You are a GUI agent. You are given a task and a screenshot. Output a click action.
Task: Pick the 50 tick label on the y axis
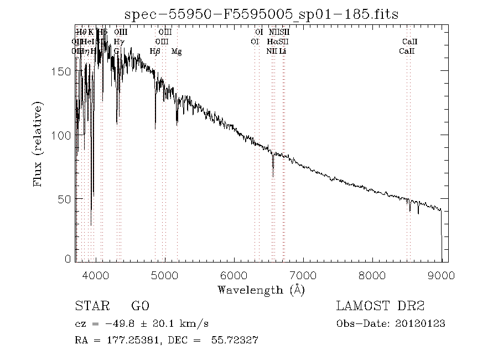(65, 198)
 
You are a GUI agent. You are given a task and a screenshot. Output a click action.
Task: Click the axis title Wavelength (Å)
(261, 289)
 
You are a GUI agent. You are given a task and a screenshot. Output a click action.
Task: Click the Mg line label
(177, 52)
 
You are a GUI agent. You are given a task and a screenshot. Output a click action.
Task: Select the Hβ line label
(155, 52)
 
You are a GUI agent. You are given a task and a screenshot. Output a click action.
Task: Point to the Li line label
(282, 52)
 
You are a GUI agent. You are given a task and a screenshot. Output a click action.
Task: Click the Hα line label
(272, 42)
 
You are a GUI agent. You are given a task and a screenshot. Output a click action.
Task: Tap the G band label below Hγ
(117, 52)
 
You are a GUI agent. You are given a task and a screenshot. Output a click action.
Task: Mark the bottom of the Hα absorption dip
(273, 176)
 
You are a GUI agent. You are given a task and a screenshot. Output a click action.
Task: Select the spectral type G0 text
(140, 306)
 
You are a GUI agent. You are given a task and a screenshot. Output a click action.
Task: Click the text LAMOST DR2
(380, 306)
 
